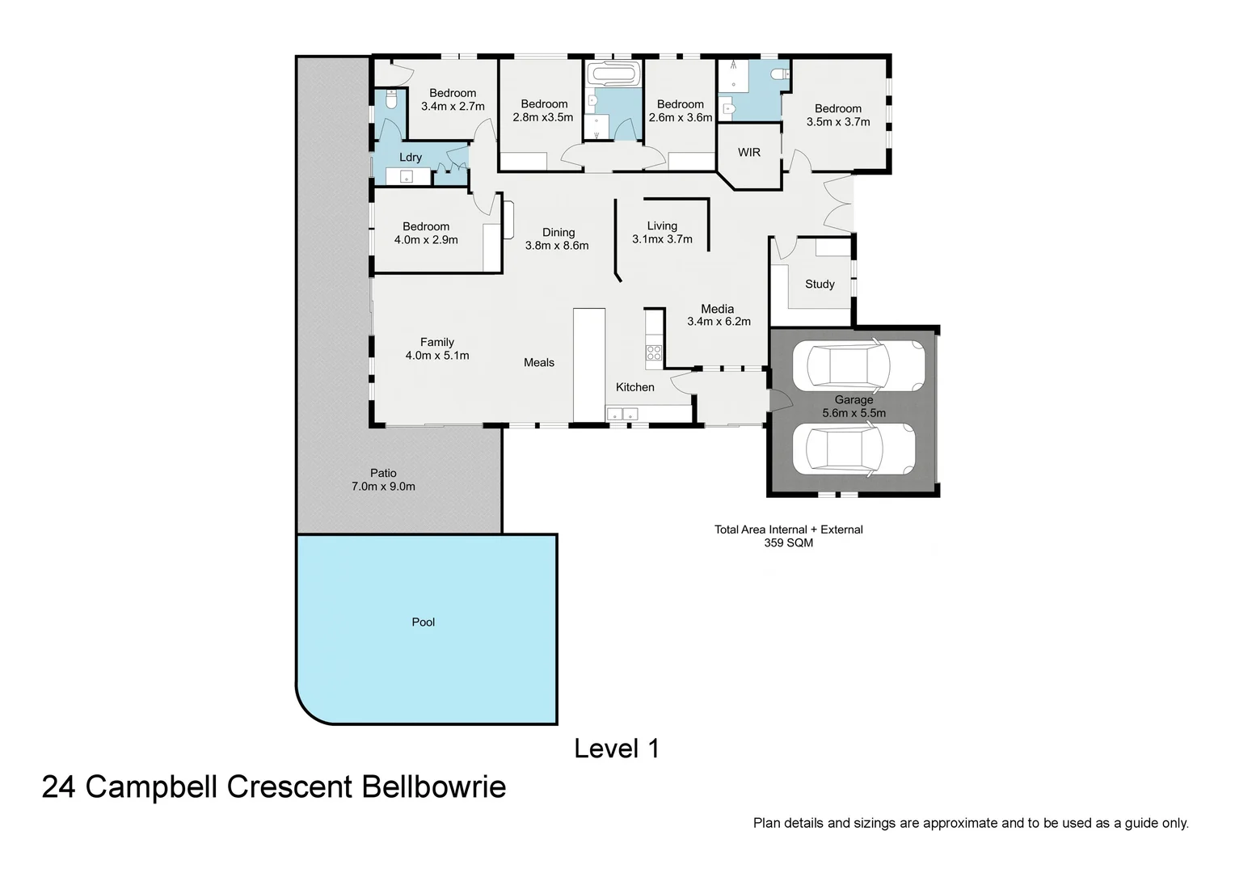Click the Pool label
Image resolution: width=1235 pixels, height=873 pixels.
pyautogui.click(x=423, y=622)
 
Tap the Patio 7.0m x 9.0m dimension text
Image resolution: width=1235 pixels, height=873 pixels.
pyautogui.click(x=383, y=487)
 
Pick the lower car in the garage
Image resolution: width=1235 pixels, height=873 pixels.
pyautogui.click(x=853, y=449)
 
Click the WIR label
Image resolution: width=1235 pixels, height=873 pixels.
pyautogui.click(x=749, y=152)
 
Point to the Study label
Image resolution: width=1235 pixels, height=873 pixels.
pyautogui.click(x=820, y=284)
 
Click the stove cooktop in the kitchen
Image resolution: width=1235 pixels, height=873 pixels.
pyautogui.click(x=653, y=352)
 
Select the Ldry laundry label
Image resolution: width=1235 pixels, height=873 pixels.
pyautogui.click(x=411, y=157)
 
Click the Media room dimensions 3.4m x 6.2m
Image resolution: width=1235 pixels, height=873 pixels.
pyautogui.click(x=719, y=322)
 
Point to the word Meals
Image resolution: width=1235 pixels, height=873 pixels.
pyautogui.click(x=539, y=362)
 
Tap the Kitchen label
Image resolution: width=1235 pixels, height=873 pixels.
pyautogui.click(x=635, y=387)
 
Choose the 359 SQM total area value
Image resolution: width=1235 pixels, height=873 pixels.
pyautogui.click(x=788, y=543)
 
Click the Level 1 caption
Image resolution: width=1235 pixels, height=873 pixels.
pyautogui.click(x=617, y=749)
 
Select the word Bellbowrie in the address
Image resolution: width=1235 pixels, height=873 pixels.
pyautogui.click(x=433, y=787)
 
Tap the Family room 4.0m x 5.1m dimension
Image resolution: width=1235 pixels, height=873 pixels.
pyautogui.click(x=437, y=356)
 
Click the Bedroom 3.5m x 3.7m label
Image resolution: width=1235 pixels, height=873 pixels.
pyautogui.click(x=838, y=115)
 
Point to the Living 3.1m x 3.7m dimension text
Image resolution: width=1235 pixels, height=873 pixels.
pyautogui.click(x=662, y=239)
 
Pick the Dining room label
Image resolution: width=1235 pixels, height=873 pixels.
pyautogui.click(x=558, y=232)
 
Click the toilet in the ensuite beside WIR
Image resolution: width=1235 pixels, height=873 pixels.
pyautogui.click(x=778, y=74)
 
